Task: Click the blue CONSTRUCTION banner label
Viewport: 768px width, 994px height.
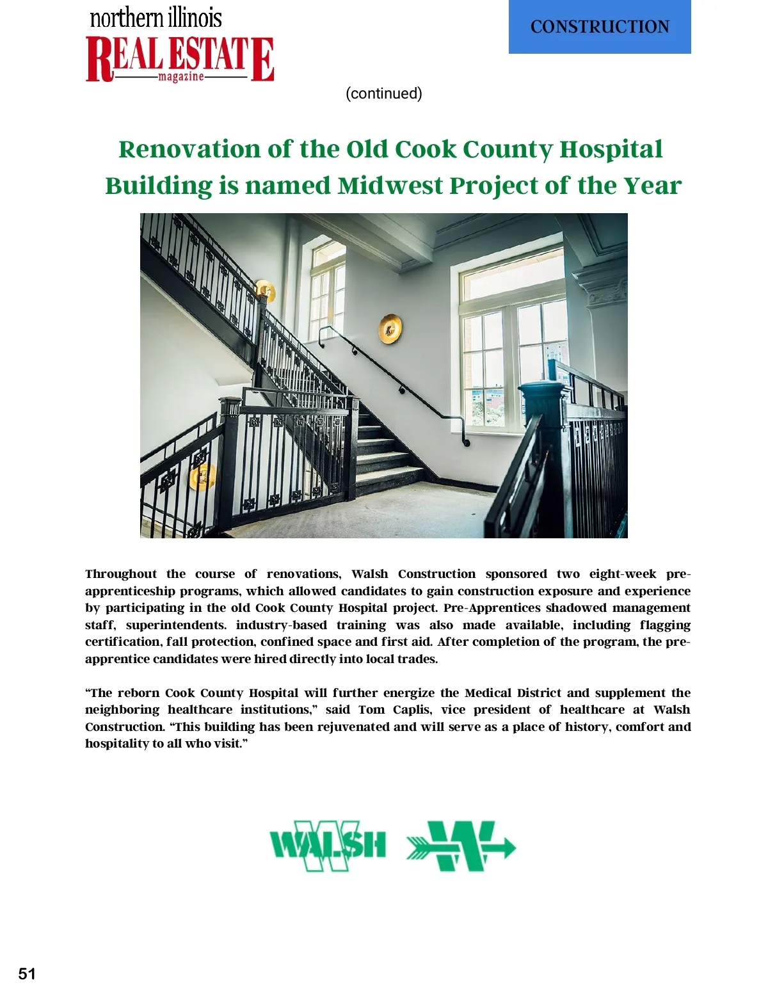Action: pyautogui.click(x=600, y=27)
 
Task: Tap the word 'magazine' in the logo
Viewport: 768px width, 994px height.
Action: pyautogui.click(x=181, y=77)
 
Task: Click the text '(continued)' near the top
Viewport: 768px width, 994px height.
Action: pyautogui.click(x=384, y=93)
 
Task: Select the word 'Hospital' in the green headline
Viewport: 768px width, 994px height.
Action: pyautogui.click(x=611, y=149)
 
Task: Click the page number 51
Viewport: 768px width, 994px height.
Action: pyautogui.click(x=27, y=974)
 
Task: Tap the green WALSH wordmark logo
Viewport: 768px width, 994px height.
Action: pyautogui.click(x=328, y=846)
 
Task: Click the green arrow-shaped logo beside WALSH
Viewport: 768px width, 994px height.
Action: pyautogui.click(x=461, y=846)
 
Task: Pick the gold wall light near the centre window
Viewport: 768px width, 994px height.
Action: pyautogui.click(x=390, y=328)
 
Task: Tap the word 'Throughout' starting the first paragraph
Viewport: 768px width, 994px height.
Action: pyautogui.click(x=121, y=574)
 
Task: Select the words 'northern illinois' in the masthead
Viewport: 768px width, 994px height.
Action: pyautogui.click(x=156, y=17)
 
